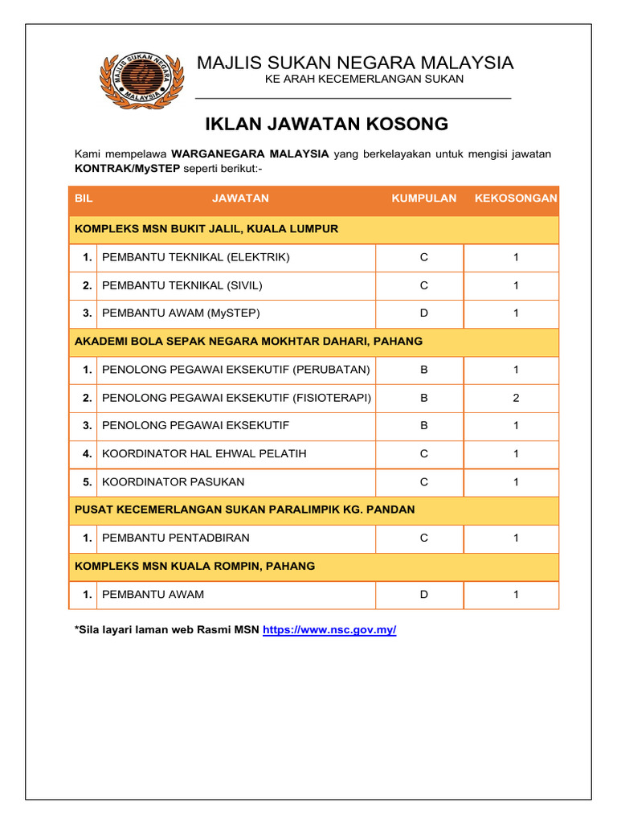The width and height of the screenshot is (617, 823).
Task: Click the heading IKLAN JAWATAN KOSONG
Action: pos(326,124)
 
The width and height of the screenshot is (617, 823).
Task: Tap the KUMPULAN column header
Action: pos(423,199)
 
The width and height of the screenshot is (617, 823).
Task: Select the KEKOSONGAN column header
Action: pos(516,199)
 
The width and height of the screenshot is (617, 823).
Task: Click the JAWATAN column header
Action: pos(240,199)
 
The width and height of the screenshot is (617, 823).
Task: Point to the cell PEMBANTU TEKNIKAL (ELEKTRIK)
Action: pos(196,257)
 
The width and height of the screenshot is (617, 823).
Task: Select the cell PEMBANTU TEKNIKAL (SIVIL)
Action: pos(182,285)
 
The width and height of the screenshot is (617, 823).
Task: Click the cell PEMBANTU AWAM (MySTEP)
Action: pos(182,313)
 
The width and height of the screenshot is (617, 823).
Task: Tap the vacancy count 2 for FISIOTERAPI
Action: pos(516,398)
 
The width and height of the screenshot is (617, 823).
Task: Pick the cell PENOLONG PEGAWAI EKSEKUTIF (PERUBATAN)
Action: pos(236,370)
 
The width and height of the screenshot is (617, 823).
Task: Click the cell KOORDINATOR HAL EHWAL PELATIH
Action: pos(204,454)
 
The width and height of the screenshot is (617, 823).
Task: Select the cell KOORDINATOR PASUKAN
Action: pos(174,482)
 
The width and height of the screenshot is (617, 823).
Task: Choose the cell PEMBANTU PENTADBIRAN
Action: pos(176,538)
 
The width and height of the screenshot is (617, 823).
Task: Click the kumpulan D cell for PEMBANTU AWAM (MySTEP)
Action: pos(423,313)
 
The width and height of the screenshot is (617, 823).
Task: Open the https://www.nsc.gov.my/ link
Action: pos(329,630)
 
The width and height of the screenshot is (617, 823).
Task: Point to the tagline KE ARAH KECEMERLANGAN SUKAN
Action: pos(364,79)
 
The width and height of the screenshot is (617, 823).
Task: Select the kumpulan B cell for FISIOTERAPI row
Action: pos(423,398)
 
